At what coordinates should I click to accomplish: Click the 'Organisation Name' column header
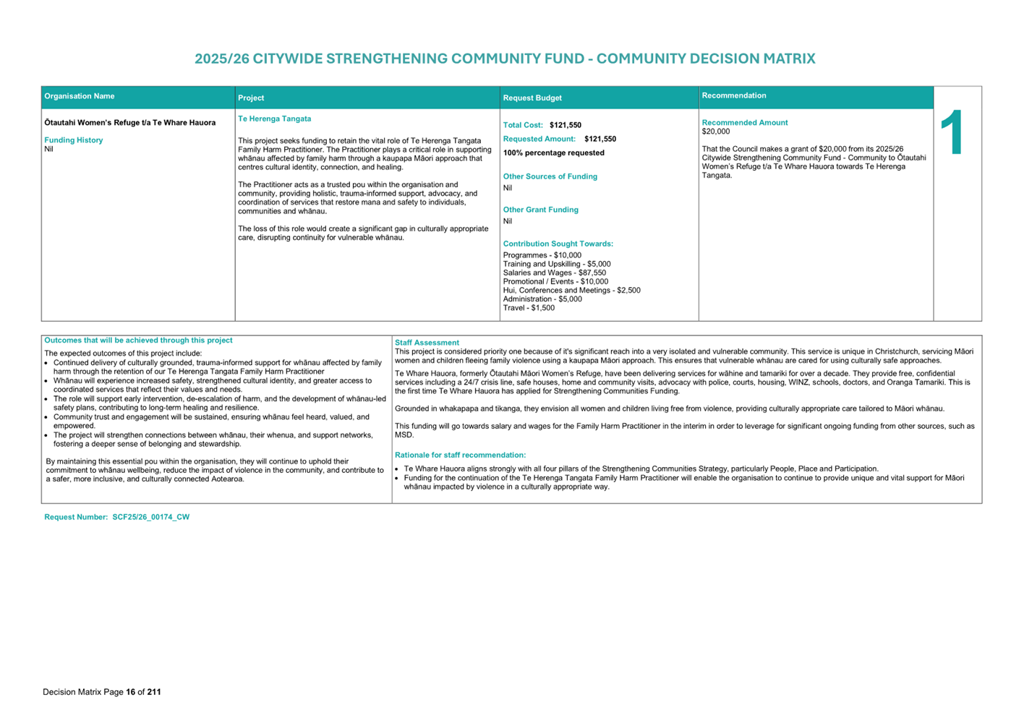[80, 96]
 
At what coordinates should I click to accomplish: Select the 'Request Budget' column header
[532, 98]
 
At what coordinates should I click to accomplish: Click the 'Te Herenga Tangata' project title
[275, 119]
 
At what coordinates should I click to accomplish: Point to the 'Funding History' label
[74, 140]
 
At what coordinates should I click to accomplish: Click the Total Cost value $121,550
[566, 125]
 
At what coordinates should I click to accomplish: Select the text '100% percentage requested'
[554, 153]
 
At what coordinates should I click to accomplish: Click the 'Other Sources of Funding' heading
[550, 176]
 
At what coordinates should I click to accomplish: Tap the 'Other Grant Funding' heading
[541, 210]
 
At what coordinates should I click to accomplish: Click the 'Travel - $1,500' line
[529, 308]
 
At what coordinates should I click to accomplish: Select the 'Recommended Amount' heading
[745, 123]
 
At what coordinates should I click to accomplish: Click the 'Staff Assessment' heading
[427, 343]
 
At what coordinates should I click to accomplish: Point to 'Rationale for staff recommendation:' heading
[461, 455]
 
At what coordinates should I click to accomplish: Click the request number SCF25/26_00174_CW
[150, 517]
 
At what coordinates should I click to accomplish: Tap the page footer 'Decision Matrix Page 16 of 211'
[102, 692]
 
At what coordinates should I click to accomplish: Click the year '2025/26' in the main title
[221, 59]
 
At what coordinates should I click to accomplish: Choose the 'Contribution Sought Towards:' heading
[558, 244]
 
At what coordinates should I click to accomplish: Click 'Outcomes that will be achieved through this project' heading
[139, 341]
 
